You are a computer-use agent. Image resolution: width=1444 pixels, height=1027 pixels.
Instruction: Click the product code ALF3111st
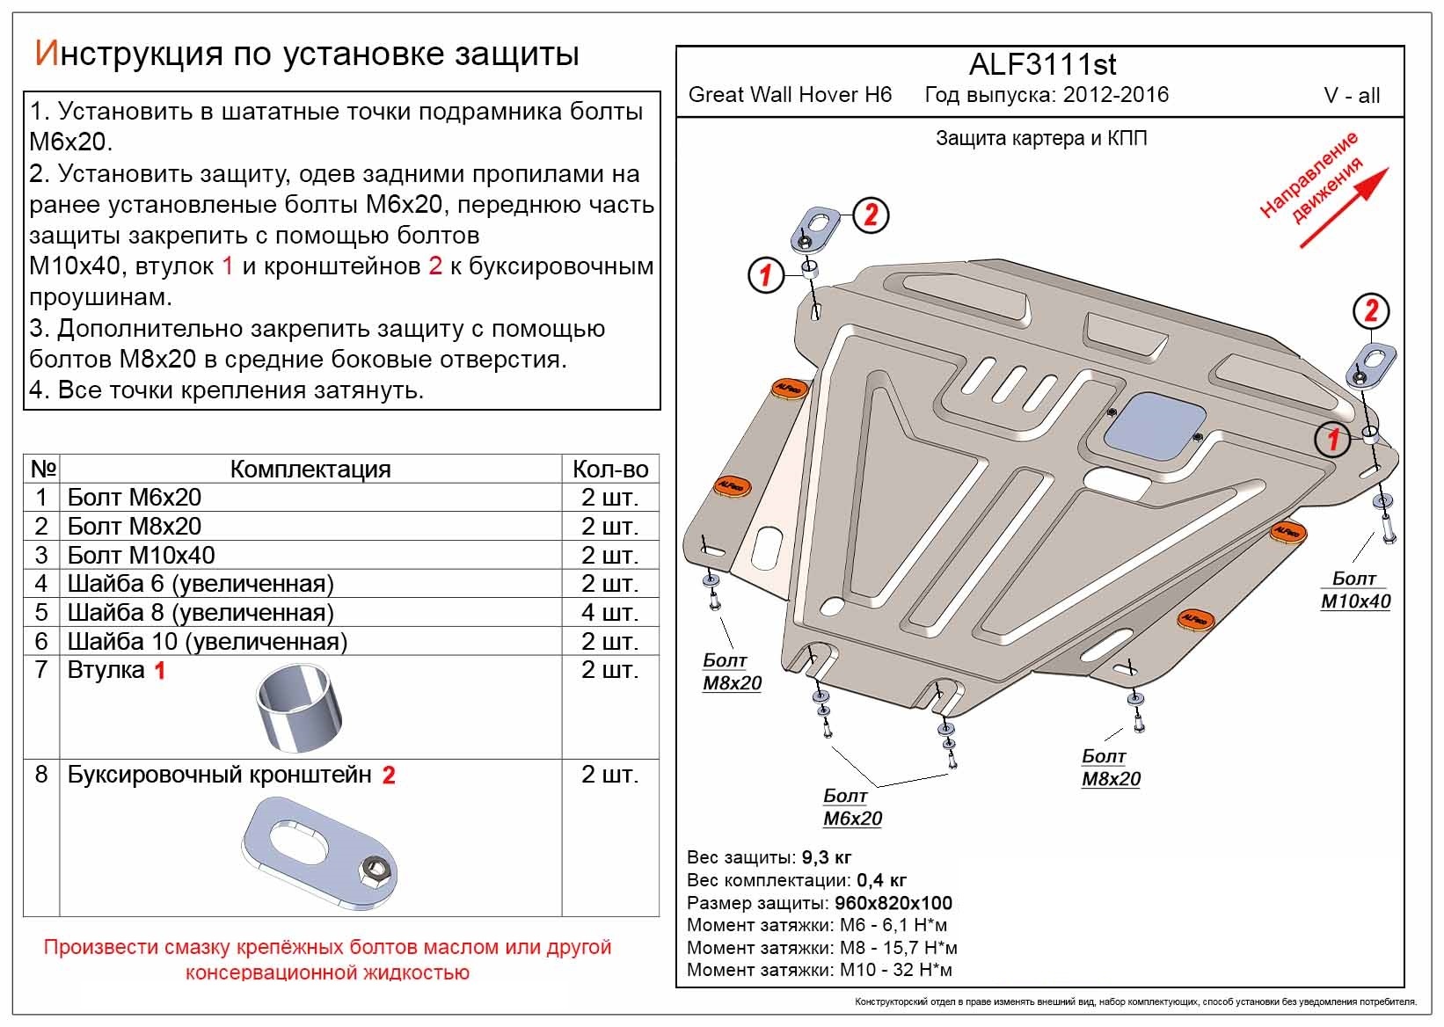1042,64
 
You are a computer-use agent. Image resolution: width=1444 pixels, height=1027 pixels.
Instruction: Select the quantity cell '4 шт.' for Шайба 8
609,612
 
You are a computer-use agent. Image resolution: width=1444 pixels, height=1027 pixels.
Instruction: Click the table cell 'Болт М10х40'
141,555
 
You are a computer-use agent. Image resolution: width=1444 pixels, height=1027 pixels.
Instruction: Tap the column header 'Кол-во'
609,469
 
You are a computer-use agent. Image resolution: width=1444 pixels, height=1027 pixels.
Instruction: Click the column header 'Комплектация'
310,469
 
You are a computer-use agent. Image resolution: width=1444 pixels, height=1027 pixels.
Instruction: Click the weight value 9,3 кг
826,857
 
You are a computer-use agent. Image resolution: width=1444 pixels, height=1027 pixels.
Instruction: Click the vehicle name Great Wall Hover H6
789,95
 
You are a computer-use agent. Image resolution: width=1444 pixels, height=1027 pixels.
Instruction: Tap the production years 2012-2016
1115,95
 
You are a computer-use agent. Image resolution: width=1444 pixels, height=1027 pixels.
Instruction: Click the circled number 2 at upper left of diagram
870,215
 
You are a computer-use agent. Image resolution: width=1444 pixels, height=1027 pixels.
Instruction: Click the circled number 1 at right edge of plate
1332,438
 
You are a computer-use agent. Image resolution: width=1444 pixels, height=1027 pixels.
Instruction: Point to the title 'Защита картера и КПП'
1041,139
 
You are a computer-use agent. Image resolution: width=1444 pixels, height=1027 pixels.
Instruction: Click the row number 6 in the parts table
41,641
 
